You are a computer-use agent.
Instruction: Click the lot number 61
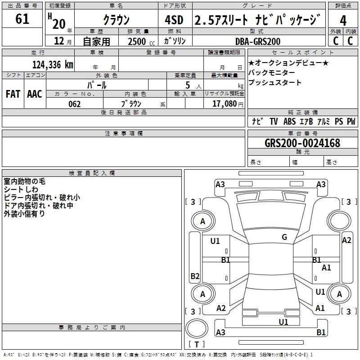coord(22,19)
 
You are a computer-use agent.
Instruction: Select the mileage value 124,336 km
coord(53,65)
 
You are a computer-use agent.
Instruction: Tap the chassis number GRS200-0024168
coord(302,143)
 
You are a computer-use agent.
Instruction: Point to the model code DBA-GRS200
coord(258,41)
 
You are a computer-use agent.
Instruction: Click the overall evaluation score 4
coord(343,21)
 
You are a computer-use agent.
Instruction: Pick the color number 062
coord(75,104)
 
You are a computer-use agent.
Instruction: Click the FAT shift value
coord(13,94)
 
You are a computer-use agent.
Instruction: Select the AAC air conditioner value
coord(35,94)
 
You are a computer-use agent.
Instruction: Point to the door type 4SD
coord(174,20)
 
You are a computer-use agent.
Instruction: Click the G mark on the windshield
coord(284,237)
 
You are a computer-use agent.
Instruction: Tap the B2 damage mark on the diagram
coord(195,276)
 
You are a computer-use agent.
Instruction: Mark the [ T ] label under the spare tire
coord(197,344)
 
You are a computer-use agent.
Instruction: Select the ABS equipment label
coord(289,121)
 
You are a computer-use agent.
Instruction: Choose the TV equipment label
coord(274,121)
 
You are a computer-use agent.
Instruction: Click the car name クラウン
coord(117,20)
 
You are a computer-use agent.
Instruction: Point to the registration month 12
coord(59,41)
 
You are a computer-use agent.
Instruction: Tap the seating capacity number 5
coord(188,85)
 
